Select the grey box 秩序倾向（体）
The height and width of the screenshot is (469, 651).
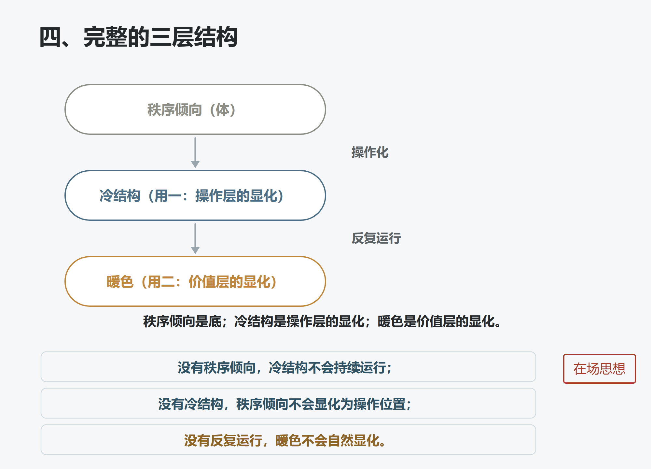(195, 109)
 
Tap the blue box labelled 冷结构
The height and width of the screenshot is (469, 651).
(195, 195)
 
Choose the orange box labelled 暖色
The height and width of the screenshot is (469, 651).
(195, 281)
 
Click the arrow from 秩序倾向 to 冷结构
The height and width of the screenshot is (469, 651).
(195, 152)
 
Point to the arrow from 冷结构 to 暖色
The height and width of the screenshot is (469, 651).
(195, 238)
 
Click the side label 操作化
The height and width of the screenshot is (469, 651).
(370, 152)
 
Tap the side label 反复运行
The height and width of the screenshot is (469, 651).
(376, 238)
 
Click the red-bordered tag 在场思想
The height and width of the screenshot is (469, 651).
(599, 369)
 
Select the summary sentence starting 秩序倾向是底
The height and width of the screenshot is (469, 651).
(322, 321)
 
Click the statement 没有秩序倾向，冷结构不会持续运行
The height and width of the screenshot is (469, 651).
(285, 367)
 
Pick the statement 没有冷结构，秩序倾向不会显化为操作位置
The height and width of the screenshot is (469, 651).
(285, 404)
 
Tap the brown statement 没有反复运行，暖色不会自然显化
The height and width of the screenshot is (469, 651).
(285, 440)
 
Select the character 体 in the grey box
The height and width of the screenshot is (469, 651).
(223, 110)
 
